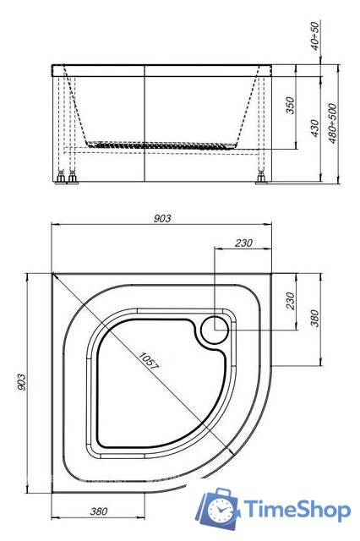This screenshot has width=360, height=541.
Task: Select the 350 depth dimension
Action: tap(289, 106)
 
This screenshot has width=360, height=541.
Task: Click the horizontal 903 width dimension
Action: tap(162, 218)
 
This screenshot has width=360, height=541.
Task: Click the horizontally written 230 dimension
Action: tap(243, 243)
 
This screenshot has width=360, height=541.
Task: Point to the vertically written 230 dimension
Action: tap(289, 302)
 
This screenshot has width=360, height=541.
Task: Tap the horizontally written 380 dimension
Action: tap(99, 511)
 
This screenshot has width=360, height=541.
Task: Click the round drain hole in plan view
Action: tap(215, 328)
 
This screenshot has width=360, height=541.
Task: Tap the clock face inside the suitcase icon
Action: tap(221, 511)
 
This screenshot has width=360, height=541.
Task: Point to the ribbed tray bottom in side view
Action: tap(161, 144)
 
